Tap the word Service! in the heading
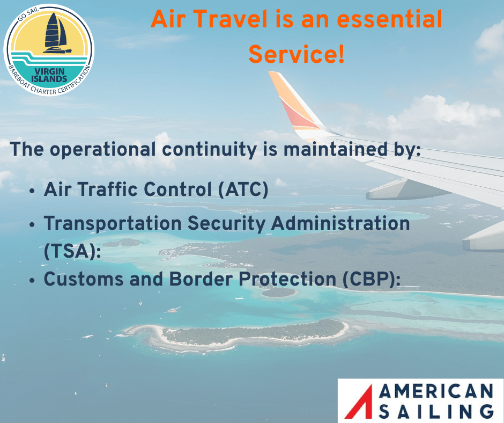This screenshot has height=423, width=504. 297,54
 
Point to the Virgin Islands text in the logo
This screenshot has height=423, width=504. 49,74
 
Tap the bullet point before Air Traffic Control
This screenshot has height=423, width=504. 33,191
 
